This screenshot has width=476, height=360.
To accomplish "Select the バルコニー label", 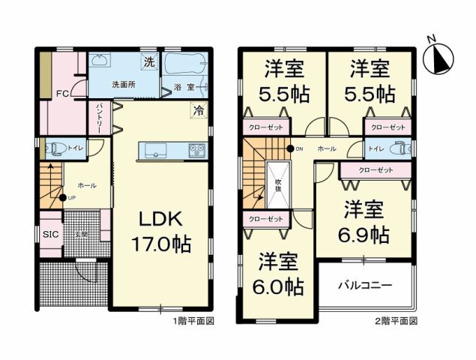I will (365, 286).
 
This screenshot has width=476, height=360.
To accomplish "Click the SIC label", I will (50, 233).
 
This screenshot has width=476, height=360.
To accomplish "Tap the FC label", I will (63, 94).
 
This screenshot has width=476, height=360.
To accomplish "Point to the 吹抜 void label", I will (277, 183).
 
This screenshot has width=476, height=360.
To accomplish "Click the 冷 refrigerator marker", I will (199, 110).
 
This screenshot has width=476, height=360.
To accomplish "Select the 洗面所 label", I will (124, 85).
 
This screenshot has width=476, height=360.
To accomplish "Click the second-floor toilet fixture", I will (401, 148).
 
